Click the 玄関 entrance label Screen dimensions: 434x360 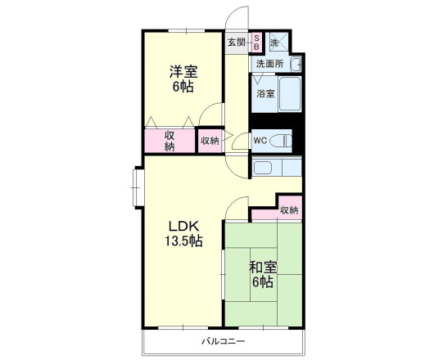click(x=237, y=43)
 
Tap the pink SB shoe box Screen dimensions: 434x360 click(x=256, y=43)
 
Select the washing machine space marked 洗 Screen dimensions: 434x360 click(x=279, y=43)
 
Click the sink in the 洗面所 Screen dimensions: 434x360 click(x=296, y=65)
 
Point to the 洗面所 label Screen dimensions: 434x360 click(x=270, y=64)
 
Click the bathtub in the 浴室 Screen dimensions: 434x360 click(x=290, y=94)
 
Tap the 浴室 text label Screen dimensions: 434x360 click(x=265, y=94)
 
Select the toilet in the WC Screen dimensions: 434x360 click(x=281, y=141)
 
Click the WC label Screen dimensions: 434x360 click(x=260, y=141)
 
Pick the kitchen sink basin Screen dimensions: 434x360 click(x=263, y=168)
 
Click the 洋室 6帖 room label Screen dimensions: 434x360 click(x=183, y=79)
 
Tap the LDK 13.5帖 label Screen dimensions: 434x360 click(x=183, y=234)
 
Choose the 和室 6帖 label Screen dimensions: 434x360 click(x=263, y=275)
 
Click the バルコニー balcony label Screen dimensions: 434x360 click(x=223, y=341)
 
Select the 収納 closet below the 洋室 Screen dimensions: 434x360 click(x=170, y=141)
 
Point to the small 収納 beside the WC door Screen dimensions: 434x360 click(x=210, y=141)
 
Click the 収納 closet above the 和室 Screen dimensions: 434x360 click(x=289, y=210)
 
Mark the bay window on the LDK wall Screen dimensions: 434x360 click(x=138, y=187)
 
